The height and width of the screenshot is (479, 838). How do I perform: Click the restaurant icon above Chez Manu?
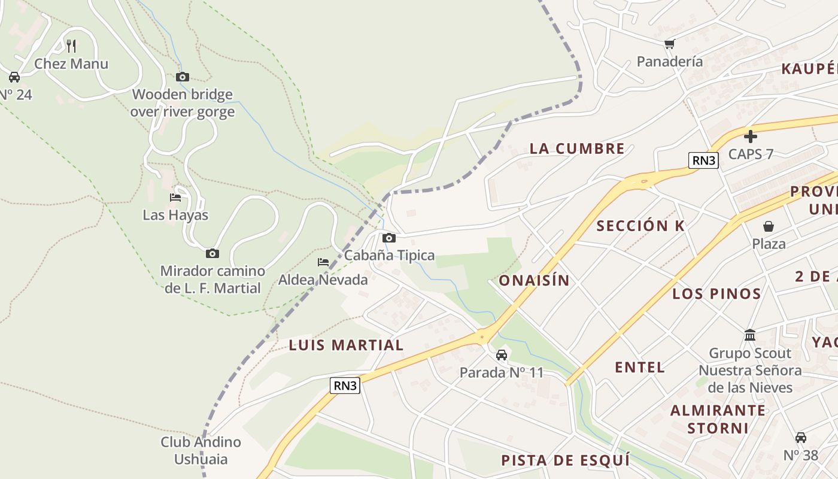point(71,46)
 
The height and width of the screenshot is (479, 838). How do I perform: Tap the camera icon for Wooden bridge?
point(183,77)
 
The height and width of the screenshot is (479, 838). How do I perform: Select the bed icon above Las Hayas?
point(175,197)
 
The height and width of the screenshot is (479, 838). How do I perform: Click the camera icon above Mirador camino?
point(212,253)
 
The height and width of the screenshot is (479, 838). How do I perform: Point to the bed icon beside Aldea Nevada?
point(323,262)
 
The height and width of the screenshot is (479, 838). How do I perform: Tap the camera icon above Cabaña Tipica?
point(389,238)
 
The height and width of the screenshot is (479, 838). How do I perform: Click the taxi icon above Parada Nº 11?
point(502,355)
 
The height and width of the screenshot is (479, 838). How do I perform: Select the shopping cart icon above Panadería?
point(670,44)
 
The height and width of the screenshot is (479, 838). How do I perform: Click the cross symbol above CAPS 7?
point(751,137)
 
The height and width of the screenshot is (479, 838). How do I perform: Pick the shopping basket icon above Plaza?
point(769,226)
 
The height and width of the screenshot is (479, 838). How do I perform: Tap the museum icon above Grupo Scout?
point(750,335)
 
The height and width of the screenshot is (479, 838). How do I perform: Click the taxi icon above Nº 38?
point(801,438)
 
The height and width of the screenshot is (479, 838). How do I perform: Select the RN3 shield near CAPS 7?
point(703,160)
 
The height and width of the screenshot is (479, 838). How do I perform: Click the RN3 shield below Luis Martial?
point(345,386)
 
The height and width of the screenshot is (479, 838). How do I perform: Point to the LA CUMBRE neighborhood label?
point(577,148)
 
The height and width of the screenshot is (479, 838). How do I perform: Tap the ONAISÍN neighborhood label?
point(534,280)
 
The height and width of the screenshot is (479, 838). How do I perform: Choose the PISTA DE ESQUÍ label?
point(565,460)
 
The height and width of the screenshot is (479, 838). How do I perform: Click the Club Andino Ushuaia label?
point(201,451)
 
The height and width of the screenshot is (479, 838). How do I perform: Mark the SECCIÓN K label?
point(640,226)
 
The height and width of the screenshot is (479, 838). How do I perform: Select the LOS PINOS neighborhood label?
point(716,293)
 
